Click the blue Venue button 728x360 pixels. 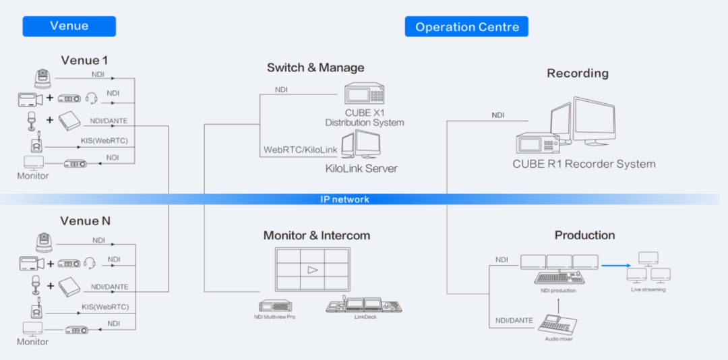point(69,26)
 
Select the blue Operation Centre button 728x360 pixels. point(466,27)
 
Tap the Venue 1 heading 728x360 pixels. point(84,60)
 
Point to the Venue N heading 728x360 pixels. point(84,221)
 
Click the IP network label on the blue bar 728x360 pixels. point(344,200)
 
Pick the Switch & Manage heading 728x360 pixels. point(315,67)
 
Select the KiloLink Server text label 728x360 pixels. point(361,168)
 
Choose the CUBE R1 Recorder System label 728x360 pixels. point(584,164)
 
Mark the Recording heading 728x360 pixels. point(578,73)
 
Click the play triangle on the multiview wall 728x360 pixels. point(311,270)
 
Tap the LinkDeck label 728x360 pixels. point(365,316)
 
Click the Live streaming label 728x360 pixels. point(648,290)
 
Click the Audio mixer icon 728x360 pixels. point(559,323)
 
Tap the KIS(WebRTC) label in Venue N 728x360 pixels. point(105,307)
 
